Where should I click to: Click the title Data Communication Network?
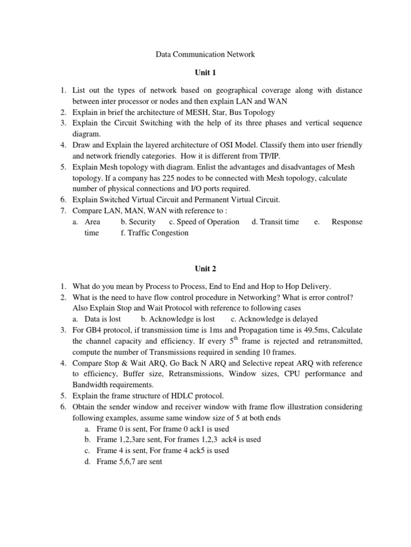(x=205, y=54)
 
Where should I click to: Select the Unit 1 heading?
(x=205, y=72)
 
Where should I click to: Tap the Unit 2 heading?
(x=205, y=268)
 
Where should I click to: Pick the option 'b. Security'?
(x=138, y=222)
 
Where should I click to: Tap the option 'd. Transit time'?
(x=275, y=222)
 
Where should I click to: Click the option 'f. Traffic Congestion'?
(x=155, y=233)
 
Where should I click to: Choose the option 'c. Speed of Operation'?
(x=204, y=222)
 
